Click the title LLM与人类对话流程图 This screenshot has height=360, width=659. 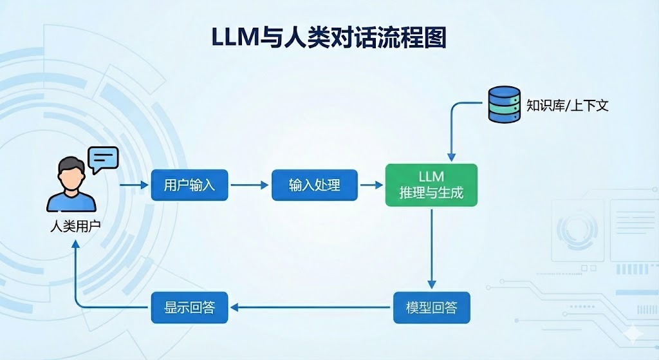click(x=329, y=37)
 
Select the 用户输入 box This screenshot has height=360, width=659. click(x=189, y=185)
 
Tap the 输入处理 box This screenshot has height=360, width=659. click(x=314, y=185)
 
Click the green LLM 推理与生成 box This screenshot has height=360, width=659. click(x=431, y=185)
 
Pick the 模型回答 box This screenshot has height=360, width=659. click(x=431, y=307)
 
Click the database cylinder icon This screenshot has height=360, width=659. click(x=504, y=104)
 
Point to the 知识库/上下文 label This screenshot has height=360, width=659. click(x=567, y=105)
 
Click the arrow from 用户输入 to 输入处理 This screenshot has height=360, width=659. click(x=250, y=185)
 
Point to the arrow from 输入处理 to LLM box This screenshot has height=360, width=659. click(x=371, y=185)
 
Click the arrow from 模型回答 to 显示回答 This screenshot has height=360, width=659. click(x=311, y=307)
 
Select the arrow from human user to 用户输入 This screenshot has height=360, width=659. click(x=134, y=185)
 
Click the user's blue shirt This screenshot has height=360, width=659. click(x=71, y=201)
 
